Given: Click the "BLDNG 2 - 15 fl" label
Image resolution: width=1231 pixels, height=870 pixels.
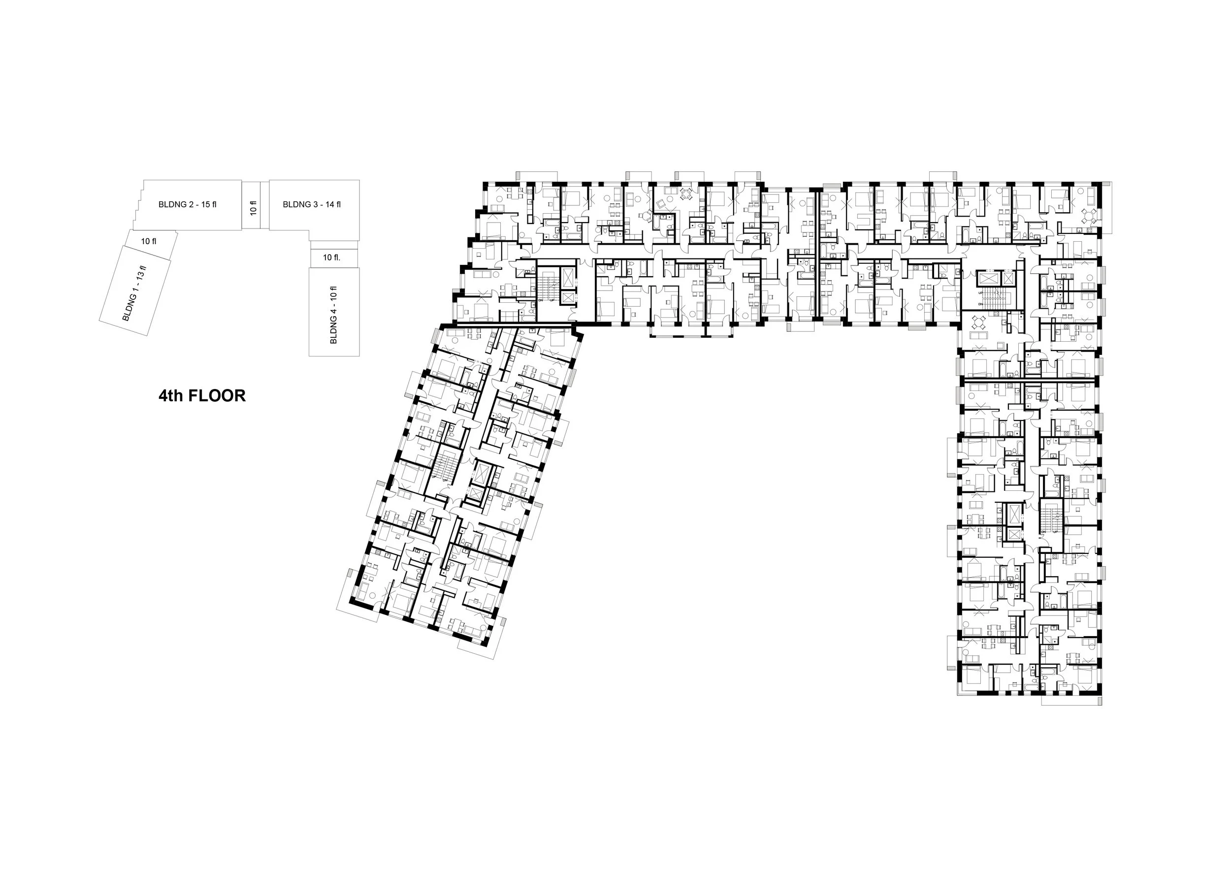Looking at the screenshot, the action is click(x=187, y=204).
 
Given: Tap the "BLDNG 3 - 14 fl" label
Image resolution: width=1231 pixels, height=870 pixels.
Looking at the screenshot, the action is click(x=312, y=204).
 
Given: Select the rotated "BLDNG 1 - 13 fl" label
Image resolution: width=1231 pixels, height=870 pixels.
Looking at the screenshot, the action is click(x=134, y=292).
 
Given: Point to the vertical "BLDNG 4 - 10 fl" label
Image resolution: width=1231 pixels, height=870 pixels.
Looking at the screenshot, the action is click(x=333, y=315).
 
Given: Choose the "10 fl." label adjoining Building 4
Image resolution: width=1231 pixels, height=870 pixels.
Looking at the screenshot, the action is click(x=331, y=258).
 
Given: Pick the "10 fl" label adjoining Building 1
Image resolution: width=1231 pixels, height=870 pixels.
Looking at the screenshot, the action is click(x=149, y=241).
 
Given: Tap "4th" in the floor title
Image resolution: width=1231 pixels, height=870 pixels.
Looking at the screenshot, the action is click(x=170, y=395).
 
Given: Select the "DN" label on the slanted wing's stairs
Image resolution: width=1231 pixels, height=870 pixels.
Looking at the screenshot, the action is click(x=445, y=481).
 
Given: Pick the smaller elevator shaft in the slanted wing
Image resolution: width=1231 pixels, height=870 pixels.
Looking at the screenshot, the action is click(x=476, y=494).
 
